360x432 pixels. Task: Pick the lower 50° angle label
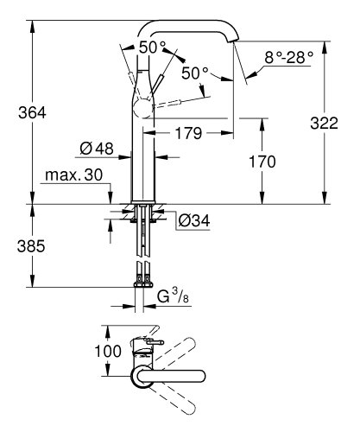coord(194,74)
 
